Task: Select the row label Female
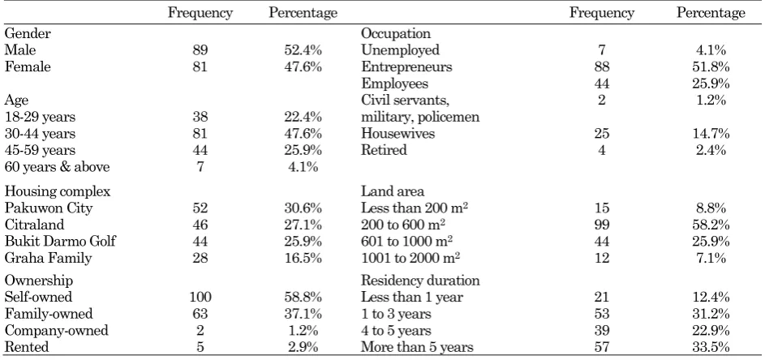point(28,66)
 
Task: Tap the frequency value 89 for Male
point(200,50)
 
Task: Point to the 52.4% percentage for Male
point(303,50)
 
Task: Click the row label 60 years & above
point(57,167)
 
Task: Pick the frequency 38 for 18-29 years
point(200,117)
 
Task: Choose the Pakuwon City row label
point(49,208)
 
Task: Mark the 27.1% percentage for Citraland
point(303,225)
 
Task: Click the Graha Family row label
point(48,258)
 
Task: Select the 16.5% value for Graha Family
point(303,258)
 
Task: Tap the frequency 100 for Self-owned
point(200,297)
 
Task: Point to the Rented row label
point(27,347)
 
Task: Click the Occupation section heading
point(396,34)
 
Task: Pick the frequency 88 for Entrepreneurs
point(602,66)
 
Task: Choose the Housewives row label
point(398,134)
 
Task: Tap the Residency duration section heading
point(420,281)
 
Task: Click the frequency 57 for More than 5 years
point(602,347)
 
